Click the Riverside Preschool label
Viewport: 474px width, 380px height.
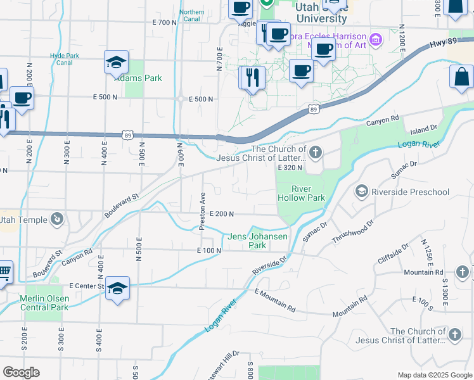[x=410, y=192]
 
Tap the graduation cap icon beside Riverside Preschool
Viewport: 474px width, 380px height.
[x=362, y=191]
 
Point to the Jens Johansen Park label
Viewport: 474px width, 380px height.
[x=258, y=241]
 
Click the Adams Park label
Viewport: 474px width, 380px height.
[x=138, y=79]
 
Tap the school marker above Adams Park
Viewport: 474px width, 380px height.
[x=117, y=62]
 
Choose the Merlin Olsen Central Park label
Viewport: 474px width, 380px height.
[x=43, y=303]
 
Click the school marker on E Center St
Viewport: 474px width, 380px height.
[x=118, y=288]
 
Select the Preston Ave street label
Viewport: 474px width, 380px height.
[x=202, y=212]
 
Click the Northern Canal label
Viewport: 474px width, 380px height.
[x=191, y=16]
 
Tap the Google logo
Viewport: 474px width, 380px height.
[x=21, y=372]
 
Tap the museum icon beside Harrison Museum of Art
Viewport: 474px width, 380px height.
[x=376, y=40]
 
